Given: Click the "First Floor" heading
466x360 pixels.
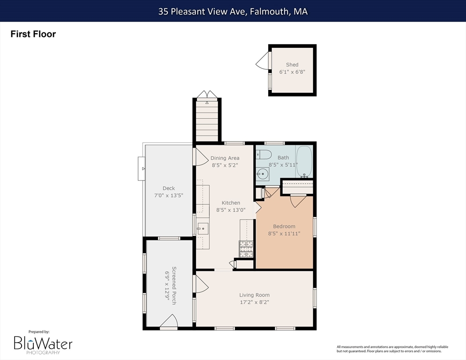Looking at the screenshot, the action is [33, 34].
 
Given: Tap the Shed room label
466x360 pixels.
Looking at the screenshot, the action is [292, 65].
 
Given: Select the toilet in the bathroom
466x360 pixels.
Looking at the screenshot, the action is [264, 154].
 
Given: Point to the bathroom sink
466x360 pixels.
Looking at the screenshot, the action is [263, 174].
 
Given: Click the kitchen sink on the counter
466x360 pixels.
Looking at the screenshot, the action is [203, 229].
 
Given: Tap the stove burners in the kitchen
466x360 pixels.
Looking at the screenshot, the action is [246, 249].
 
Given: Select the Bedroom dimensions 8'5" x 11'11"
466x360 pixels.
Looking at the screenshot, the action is [284, 233].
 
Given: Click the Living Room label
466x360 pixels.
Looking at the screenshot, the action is [255, 295].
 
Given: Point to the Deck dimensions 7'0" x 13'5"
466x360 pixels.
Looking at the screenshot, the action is [168, 195].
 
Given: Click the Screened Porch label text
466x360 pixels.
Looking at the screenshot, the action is [174, 285].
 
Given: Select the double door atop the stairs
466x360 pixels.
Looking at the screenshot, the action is [207, 94].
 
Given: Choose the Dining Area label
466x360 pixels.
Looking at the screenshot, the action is [225, 158].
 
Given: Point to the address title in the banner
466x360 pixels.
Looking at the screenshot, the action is [233, 12].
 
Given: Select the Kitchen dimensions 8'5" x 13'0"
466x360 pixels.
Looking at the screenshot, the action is [231, 210].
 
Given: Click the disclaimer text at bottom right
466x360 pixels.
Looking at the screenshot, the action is [392, 349].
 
